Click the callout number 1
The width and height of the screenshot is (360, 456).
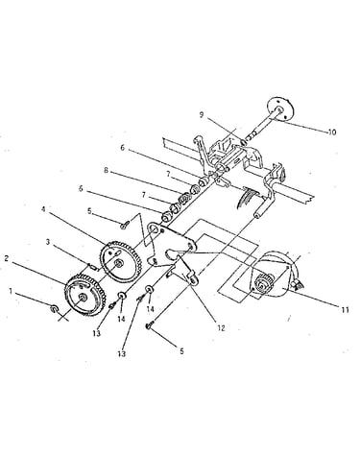click(11, 291)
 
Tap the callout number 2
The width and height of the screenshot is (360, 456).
click(7, 258)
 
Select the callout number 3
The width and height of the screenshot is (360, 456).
click(48, 242)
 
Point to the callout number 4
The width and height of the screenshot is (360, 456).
click(43, 209)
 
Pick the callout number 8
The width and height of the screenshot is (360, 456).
click(106, 170)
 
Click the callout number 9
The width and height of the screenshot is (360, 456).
click(202, 115)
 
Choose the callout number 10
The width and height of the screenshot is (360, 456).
click(332, 132)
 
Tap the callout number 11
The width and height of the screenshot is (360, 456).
click(345, 309)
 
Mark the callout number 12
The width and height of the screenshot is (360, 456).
click(221, 328)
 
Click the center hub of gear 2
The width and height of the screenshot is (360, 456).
click(83, 297)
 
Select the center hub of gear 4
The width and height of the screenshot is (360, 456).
click(118, 263)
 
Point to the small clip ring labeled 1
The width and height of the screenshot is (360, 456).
click(54, 308)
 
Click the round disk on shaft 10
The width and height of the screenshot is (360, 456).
click(280, 108)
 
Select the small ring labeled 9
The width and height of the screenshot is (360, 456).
click(243, 142)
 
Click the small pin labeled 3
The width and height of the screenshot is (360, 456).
click(91, 265)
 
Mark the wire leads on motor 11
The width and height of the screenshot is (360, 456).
click(296, 284)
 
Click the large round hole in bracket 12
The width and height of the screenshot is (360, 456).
click(154, 229)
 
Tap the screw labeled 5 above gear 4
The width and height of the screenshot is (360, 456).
click(125, 225)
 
